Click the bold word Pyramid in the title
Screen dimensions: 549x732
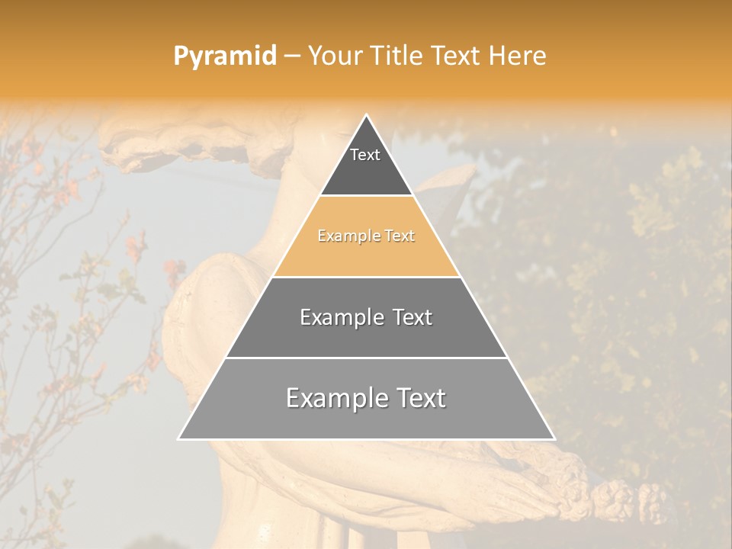224,56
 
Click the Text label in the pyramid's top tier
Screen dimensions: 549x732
365,155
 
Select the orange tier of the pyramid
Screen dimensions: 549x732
366,248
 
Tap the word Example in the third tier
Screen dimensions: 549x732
340,317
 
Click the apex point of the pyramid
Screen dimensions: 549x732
367,116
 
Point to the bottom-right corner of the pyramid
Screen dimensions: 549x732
554,438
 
